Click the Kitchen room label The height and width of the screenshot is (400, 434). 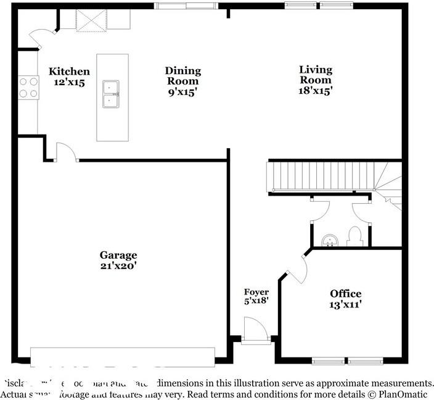point(69,72)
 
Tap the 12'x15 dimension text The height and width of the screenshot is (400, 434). point(69,81)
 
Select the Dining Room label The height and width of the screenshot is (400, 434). point(182,76)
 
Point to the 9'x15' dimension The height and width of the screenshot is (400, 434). point(182,91)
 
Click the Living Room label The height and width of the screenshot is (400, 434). point(315,75)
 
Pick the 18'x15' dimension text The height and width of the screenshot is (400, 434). point(315,90)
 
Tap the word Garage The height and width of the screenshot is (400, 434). point(118,255)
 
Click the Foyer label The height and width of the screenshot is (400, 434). point(256,292)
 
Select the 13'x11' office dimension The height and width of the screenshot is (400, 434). point(345,304)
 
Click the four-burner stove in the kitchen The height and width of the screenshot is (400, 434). point(28,87)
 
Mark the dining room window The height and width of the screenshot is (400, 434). point(186,6)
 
